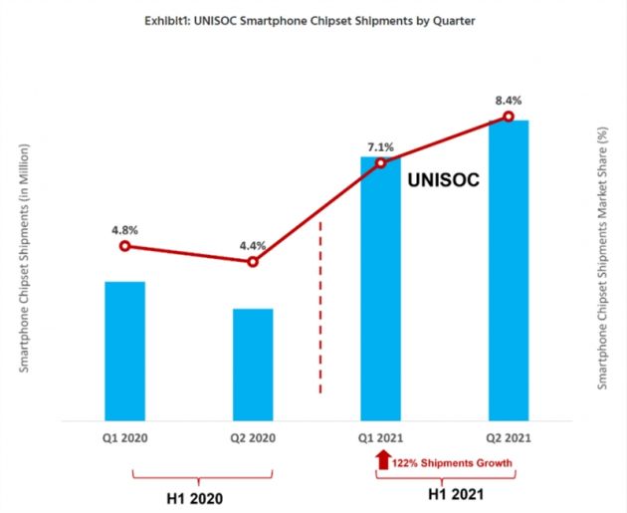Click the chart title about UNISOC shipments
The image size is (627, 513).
point(314,22)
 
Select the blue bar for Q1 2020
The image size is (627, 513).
point(124,351)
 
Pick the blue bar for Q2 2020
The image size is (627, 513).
point(253,365)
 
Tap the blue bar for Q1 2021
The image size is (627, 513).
point(380,289)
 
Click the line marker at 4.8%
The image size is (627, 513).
point(124,246)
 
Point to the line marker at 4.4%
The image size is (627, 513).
point(253,262)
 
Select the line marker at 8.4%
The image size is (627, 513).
point(508,117)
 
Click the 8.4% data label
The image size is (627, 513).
point(508,100)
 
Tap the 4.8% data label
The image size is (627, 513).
point(124,228)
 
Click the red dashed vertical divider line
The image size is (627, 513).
point(320,309)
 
